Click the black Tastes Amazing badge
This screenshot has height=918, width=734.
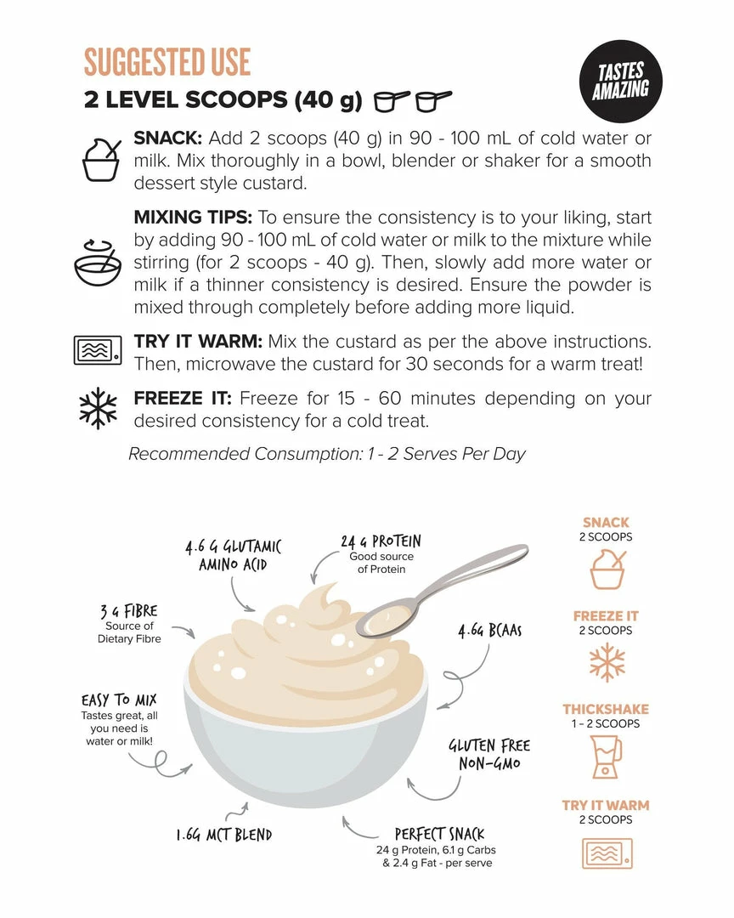click(620, 82)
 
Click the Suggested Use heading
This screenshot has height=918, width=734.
click(167, 62)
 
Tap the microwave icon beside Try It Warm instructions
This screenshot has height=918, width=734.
click(98, 350)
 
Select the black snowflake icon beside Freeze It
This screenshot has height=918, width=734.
click(98, 408)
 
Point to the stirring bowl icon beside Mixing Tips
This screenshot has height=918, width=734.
click(98, 263)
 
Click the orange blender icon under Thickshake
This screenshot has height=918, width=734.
click(606, 757)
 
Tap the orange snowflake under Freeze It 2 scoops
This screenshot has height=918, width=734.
click(607, 662)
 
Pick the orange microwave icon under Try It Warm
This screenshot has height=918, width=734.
click(607, 853)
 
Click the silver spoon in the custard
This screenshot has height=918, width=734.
click(443, 591)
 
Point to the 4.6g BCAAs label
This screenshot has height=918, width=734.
click(490, 631)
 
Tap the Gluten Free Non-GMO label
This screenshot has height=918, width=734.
click(490, 754)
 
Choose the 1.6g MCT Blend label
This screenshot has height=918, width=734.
click(224, 835)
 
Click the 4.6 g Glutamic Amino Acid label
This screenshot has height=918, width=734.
click(233, 556)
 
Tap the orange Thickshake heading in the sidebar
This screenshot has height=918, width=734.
click(606, 709)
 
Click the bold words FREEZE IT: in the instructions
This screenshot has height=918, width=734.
click(183, 398)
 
